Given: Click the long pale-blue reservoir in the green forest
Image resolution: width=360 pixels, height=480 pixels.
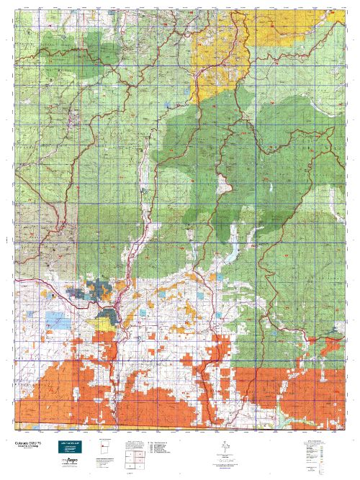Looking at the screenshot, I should (x=233, y=253).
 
